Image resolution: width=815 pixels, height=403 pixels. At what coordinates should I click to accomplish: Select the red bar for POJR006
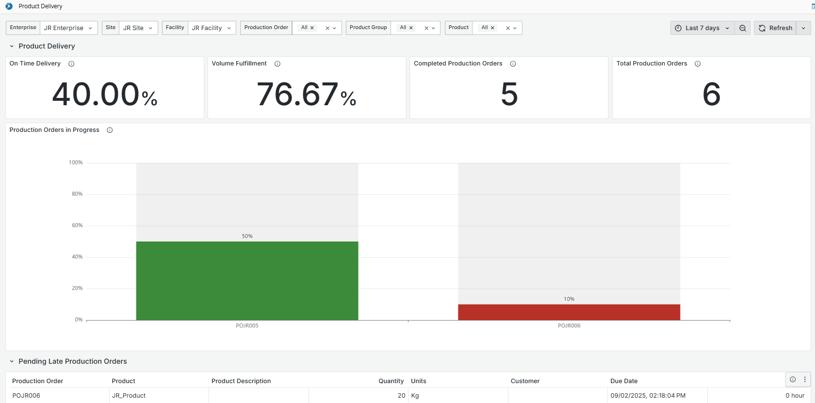(x=569, y=312)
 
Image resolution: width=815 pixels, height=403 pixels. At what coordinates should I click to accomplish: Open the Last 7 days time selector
(x=702, y=28)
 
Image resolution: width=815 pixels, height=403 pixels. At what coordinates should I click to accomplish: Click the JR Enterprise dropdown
(x=68, y=28)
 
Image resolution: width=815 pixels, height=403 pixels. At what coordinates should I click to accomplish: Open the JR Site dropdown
(x=138, y=28)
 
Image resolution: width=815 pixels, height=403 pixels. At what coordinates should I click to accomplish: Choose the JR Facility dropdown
(x=212, y=28)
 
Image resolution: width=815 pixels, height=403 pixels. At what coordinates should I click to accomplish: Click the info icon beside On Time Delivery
(x=71, y=64)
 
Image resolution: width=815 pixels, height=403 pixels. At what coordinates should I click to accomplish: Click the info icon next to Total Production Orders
(x=698, y=64)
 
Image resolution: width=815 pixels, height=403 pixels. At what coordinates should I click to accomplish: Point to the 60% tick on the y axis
(x=77, y=226)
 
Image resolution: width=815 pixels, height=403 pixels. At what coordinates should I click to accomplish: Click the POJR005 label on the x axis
(x=247, y=326)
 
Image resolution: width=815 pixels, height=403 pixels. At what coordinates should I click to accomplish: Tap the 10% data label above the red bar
(x=569, y=299)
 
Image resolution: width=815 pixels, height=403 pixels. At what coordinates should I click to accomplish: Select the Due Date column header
(x=624, y=381)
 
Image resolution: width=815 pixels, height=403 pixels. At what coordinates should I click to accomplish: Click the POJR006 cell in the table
(x=26, y=396)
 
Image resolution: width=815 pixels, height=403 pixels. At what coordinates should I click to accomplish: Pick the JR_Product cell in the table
(x=129, y=396)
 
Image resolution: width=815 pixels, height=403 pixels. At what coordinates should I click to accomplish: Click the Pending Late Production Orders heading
(x=73, y=361)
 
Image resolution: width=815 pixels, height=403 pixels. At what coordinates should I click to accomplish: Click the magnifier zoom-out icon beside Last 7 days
(x=742, y=28)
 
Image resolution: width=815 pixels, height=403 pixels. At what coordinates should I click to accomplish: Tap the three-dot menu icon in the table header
(x=805, y=380)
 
